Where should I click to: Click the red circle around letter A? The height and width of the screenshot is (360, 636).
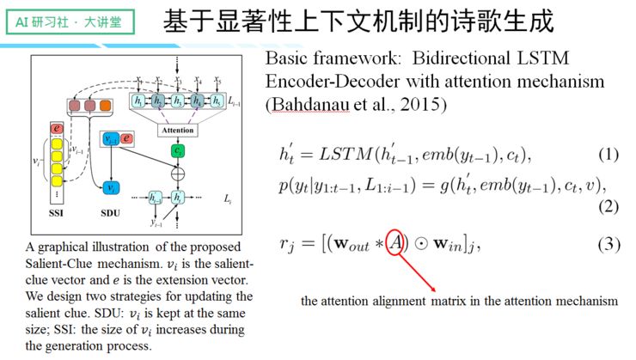click(394, 245)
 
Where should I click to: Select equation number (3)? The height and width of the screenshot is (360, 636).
click(608, 245)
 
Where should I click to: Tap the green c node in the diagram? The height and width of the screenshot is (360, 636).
click(177, 149)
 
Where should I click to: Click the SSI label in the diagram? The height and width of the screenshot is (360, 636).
click(58, 211)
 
